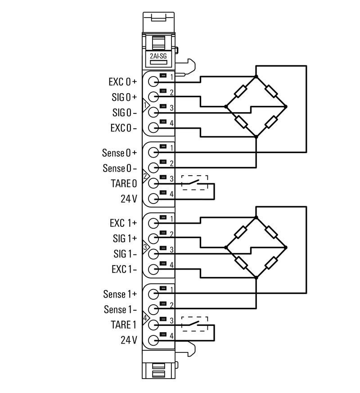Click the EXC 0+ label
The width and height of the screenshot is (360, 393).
(123, 82)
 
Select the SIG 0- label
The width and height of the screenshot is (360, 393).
(124, 113)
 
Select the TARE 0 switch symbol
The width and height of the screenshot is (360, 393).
(194, 183)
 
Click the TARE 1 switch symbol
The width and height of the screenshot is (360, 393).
(194, 324)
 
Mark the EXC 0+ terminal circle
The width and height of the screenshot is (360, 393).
(153, 82)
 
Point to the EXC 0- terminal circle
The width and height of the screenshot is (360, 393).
(153, 128)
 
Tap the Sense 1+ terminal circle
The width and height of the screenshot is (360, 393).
(153, 294)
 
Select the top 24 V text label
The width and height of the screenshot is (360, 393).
(129, 199)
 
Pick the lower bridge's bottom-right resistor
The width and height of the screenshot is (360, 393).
(271, 263)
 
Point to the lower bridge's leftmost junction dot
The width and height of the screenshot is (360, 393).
(225, 247)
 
